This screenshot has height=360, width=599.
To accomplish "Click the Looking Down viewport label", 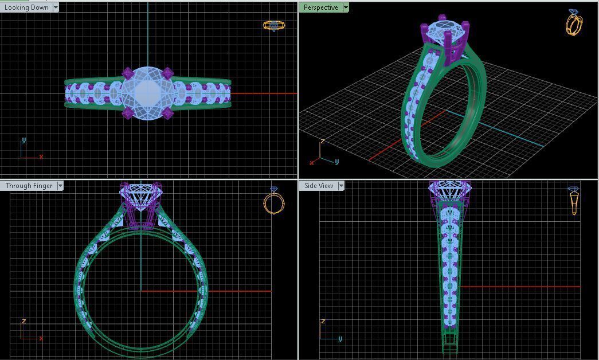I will tap(26, 7).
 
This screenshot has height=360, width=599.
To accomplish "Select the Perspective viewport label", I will tap(320, 7).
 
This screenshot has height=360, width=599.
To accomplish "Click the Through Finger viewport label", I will tap(29, 186).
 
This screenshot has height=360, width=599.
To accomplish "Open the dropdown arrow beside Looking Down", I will tap(56, 7).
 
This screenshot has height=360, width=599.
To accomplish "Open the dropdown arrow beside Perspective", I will tap(346, 7).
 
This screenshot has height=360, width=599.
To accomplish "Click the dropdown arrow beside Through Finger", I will tap(60, 186).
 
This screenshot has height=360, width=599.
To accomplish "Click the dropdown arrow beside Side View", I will tap(341, 186).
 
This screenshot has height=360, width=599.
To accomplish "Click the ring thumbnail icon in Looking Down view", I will tap(273, 25).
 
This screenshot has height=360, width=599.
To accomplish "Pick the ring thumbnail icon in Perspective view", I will tap(574, 23).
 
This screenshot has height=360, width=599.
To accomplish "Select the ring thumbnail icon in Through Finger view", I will tap(274, 201).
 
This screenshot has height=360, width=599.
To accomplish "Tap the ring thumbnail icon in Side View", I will tap(574, 200).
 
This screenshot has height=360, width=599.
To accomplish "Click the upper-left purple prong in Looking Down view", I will tap(127, 73).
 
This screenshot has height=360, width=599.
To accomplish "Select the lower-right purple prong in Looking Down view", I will tap(167, 114).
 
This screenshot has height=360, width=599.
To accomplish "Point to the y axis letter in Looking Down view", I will tap(24, 140).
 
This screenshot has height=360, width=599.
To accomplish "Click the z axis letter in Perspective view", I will tap(323, 141).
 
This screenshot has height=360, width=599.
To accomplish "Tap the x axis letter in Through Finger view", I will tap(41, 338).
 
